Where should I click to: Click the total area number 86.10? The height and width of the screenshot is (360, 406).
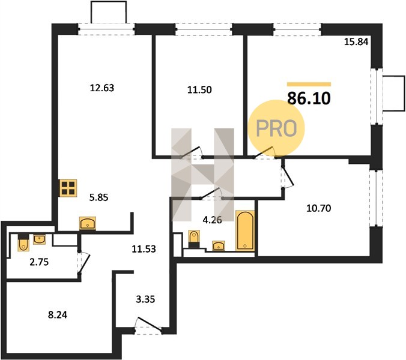point(309,98)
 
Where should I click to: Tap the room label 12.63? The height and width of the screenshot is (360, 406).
point(101,88)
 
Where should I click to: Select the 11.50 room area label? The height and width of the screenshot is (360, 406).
point(199,89)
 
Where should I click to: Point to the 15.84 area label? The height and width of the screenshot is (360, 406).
point(356,41)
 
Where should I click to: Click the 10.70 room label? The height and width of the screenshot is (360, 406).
point(318,208)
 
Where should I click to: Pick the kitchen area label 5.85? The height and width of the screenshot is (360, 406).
point(98,197)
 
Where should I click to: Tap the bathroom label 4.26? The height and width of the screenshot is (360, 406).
point(213,220)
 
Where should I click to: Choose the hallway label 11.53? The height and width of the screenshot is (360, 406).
point(144,249)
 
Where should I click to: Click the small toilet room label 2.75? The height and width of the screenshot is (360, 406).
point(39,262)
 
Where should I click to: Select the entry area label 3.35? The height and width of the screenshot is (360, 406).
point(145,299)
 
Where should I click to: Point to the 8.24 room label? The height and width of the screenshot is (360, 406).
point(58,315)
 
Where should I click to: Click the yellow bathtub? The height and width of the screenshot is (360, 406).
point(245,230)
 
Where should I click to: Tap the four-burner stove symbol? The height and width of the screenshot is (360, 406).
point(68,188)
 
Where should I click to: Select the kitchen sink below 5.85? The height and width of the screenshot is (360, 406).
point(88,223)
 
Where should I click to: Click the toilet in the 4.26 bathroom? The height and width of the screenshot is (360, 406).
point(193,239)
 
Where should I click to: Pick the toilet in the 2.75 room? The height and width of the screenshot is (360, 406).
point(23,242)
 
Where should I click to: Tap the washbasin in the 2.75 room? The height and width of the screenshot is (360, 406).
point(40,239)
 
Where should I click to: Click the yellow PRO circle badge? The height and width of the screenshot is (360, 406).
point(276,128)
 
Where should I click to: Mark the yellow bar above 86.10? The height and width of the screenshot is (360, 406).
point(309,84)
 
